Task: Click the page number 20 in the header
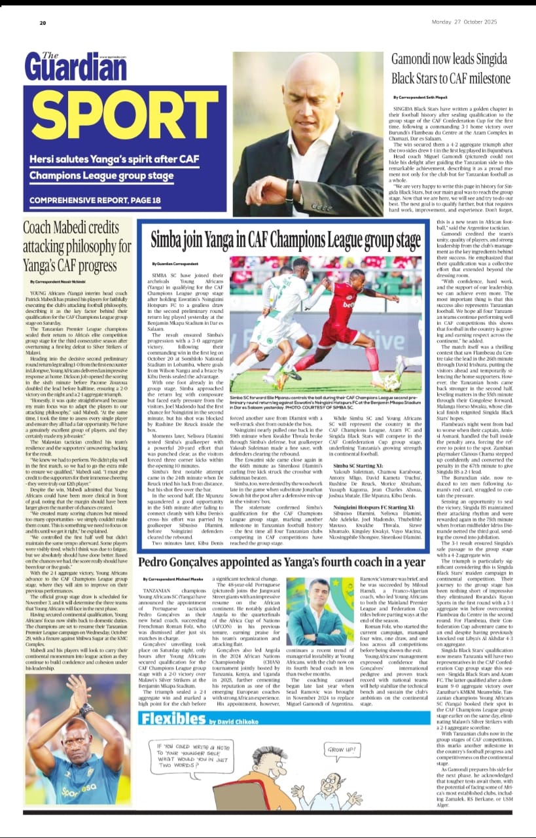(x=43, y=23)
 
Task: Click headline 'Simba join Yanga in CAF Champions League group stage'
(x=286, y=238)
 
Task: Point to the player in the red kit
(x=353, y=314)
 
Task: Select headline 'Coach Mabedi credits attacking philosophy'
(x=77, y=248)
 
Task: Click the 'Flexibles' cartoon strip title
(x=173, y=718)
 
